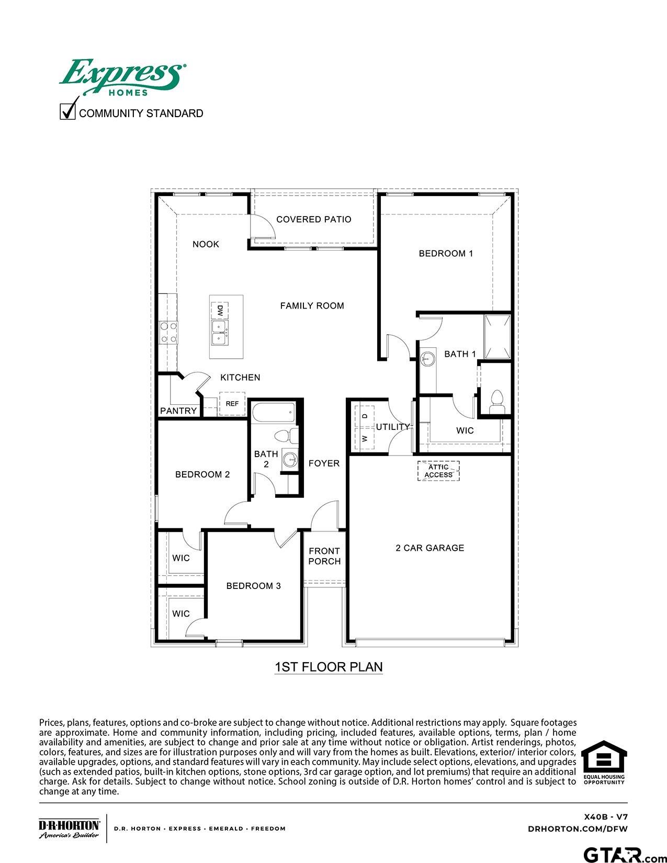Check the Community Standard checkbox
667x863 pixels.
coord(68,112)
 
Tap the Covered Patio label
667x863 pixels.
coord(313,219)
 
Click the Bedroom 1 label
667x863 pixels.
coord(446,254)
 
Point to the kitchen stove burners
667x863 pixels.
coord(168,332)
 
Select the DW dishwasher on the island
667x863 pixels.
coord(220,311)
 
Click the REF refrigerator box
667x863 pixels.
coord(232,404)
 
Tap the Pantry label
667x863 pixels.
coord(178,411)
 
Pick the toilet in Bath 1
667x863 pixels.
coord(496,401)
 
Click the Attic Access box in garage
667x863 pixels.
coord(438,471)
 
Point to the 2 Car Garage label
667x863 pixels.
coord(429,548)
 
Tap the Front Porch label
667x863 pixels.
coord(324,556)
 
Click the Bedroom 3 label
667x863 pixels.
coord(253,586)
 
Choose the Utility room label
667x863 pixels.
coord(392,427)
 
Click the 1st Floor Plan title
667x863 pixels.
coord(329,667)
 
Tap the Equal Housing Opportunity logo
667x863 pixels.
coord(604,763)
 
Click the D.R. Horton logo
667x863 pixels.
coord(69,828)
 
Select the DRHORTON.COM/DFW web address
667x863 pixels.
coord(578,828)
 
